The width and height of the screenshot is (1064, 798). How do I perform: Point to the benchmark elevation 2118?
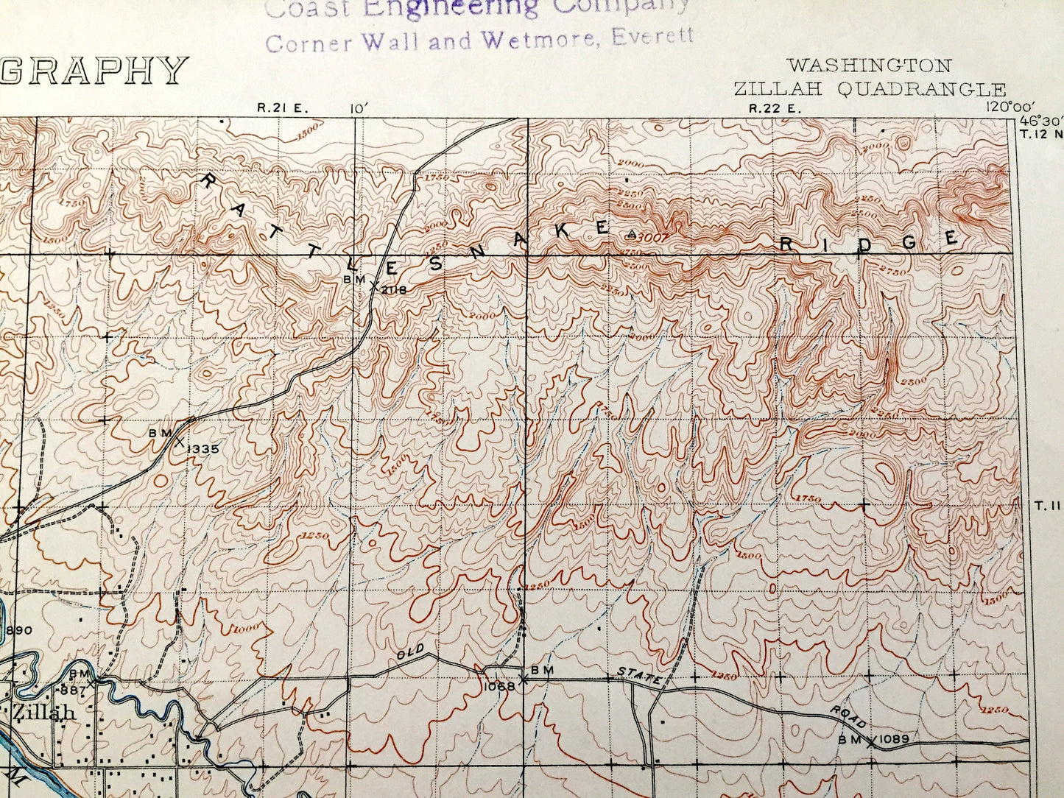pos(394,289)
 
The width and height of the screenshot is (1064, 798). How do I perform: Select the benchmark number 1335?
pos(203,448)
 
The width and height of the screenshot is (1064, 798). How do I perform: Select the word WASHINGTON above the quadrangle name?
pos(869,66)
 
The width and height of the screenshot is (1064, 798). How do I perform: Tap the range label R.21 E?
pos(283,108)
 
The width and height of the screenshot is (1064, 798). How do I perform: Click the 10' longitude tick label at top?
pos(359,108)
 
